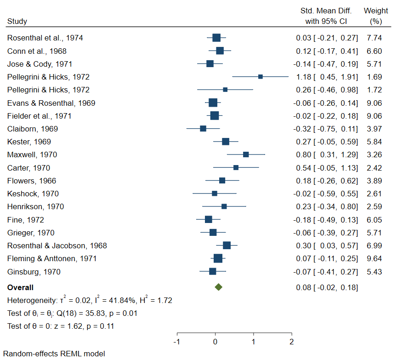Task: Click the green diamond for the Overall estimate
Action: tap(218, 287)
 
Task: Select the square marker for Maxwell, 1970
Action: tap(246, 154)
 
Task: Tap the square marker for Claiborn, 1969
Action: tap(203, 129)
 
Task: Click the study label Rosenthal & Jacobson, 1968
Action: tap(57, 246)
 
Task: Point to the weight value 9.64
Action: tap(374, 259)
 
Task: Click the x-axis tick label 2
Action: tap(291, 342)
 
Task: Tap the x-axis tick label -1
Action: tap(176, 342)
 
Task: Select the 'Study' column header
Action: tap(17, 21)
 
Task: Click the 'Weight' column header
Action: tap(375, 11)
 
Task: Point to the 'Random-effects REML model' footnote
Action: tap(56, 354)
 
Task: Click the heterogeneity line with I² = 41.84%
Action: tap(90, 301)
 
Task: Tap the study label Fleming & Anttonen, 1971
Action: tap(52, 259)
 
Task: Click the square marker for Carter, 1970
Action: tap(236, 168)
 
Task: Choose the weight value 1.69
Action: tap(374, 77)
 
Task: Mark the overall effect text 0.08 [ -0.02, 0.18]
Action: tap(327, 288)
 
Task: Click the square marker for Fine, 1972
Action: tap(209, 220)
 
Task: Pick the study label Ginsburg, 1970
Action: tap(34, 272)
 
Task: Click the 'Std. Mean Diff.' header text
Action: tap(326, 11)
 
